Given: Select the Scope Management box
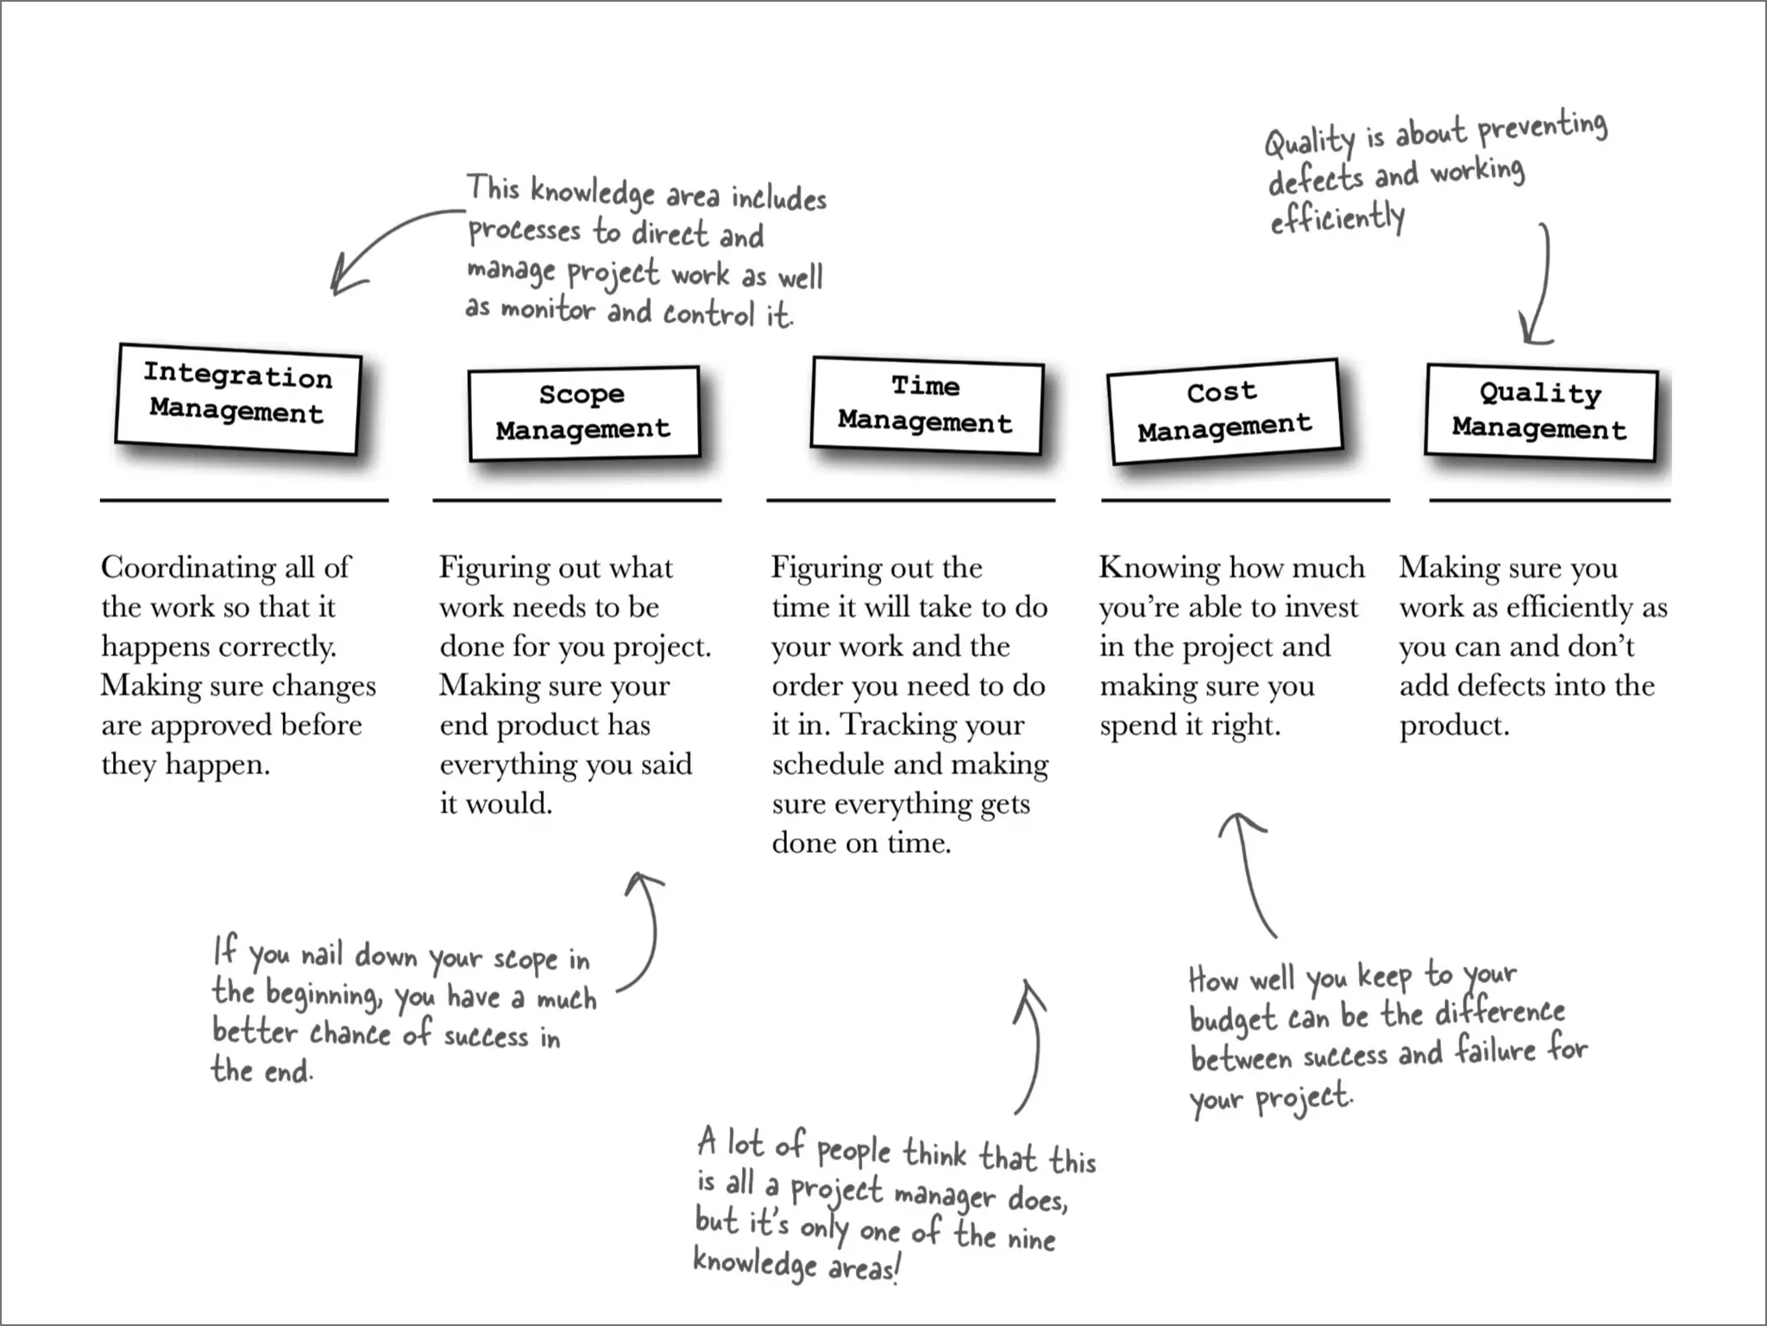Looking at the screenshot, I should click(x=583, y=413).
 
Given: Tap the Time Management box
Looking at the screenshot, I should click(x=926, y=405).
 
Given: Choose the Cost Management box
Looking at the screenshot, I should click(x=1223, y=411).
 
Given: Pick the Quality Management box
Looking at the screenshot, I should click(x=1541, y=412).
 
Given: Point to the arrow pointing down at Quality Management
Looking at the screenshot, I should click(x=1540, y=285).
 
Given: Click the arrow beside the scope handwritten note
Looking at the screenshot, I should click(x=645, y=932).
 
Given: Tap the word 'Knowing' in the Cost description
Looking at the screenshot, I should click(x=1159, y=569).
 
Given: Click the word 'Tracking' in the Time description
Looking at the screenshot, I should click(x=897, y=725).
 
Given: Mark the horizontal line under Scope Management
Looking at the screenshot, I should click(x=576, y=500).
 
